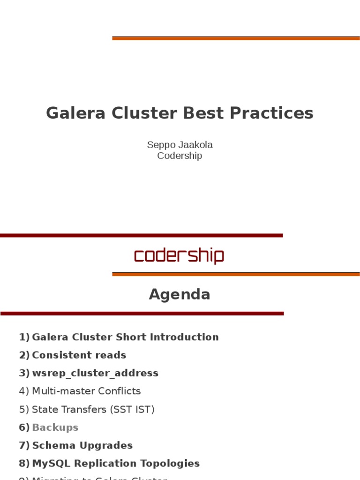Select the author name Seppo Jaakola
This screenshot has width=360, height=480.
click(180, 145)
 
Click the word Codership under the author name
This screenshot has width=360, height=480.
click(180, 156)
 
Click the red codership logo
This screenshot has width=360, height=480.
click(179, 256)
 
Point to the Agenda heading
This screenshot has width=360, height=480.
click(180, 294)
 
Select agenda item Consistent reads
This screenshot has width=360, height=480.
click(79, 355)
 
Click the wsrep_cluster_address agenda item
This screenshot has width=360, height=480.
click(95, 373)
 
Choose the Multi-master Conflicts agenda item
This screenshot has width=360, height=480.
click(86, 391)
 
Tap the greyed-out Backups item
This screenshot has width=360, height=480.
click(55, 427)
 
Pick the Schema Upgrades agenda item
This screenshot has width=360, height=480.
click(82, 445)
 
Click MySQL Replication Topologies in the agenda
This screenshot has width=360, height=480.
click(116, 463)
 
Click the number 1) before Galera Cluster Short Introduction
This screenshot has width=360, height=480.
click(24, 337)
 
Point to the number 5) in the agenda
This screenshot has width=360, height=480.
click(24, 409)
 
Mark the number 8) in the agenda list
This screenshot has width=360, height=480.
click(24, 463)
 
